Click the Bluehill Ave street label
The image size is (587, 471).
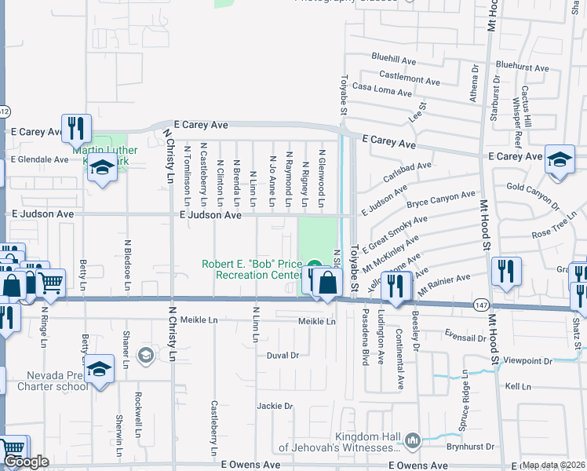point(393,59)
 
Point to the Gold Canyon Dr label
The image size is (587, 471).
point(534,187)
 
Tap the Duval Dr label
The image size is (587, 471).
point(283,355)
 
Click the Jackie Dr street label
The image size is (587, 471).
point(275,406)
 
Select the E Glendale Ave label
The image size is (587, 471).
point(39,159)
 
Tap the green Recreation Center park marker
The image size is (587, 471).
point(314,265)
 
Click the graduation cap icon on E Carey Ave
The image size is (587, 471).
point(559,159)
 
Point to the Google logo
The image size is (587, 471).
point(25,462)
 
